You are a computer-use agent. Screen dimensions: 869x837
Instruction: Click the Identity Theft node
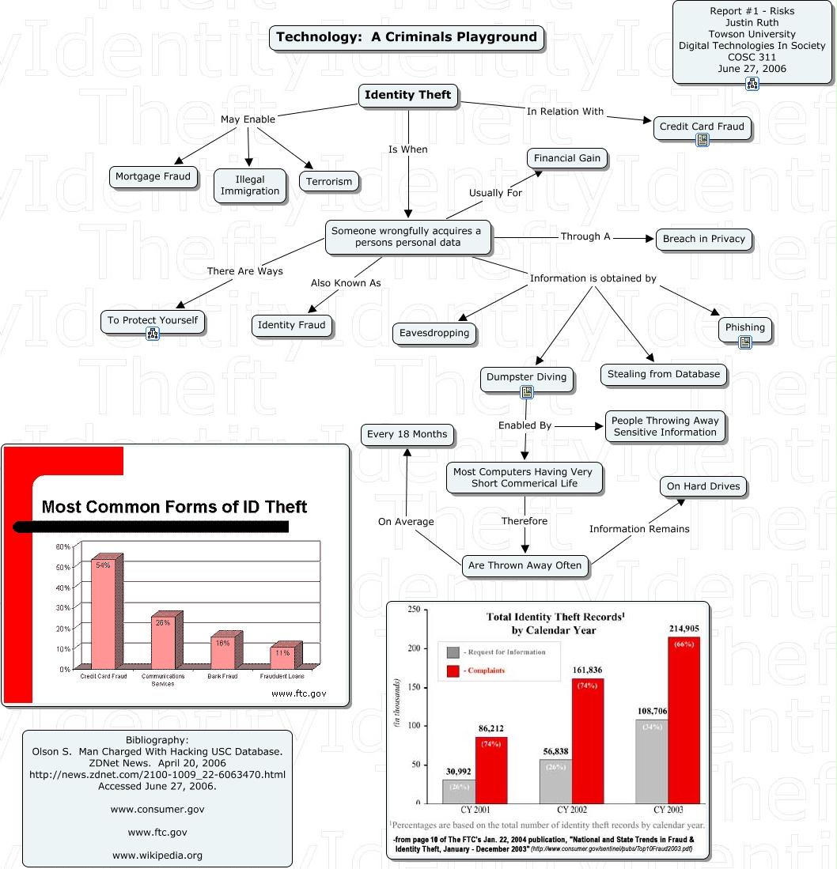click(x=407, y=95)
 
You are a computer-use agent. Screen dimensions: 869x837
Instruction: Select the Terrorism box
click(x=330, y=181)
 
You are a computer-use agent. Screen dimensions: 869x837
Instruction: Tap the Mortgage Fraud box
click(x=153, y=176)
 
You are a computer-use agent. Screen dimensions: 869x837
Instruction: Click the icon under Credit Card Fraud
click(x=702, y=140)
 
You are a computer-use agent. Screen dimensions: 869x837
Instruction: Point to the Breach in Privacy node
click(x=704, y=239)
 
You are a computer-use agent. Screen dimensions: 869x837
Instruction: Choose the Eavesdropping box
click(x=434, y=333)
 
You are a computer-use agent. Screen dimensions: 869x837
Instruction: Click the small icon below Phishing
click(x=745, y=342)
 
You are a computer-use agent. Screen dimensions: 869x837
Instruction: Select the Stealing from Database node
click(x=664, y=374)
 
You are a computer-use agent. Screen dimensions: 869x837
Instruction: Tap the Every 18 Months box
click(x=407, y=434)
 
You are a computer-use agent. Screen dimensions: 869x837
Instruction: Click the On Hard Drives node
click(x=703, y=486)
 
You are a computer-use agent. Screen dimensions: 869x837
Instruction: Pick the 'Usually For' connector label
click(x=496, y=192)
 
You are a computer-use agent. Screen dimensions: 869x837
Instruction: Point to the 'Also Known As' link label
click(x=346, y=283)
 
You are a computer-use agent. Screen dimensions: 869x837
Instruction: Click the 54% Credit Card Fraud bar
click(x=104, y=613)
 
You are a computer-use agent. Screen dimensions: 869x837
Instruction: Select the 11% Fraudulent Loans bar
click(x=282, y=656)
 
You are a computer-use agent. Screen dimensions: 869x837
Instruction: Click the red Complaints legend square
click(x=453, y=671)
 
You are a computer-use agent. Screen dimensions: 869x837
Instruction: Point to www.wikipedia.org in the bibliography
click(x=157, y=855)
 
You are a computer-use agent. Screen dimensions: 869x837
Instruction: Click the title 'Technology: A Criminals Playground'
click(x=407, y=37)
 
